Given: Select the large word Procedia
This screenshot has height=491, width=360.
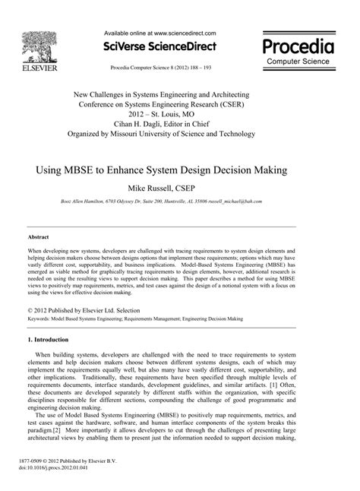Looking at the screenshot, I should pyautogui.click(x=299, y=44).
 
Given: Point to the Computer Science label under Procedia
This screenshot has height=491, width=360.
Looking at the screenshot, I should pyautogui.click(x=299, y=61).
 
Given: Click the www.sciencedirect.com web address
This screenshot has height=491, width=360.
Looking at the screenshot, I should pyautogui.click(x=185, y=33).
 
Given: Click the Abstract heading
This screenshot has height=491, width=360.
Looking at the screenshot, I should pyautogui.click(x=28, y=237).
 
